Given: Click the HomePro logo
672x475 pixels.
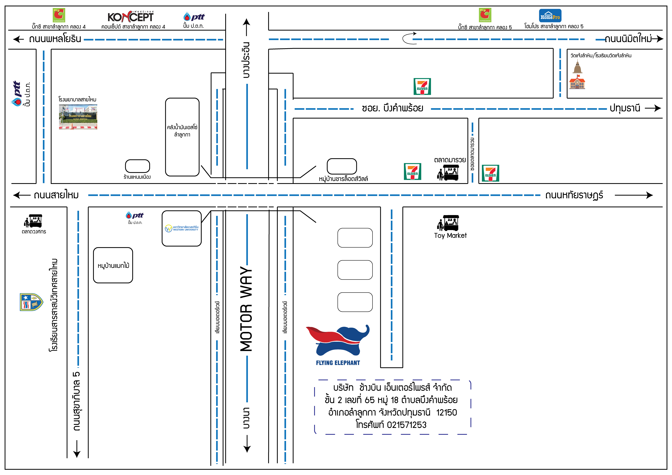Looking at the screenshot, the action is tap(550, 15).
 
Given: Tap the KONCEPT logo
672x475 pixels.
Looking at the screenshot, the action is tap(131, 17).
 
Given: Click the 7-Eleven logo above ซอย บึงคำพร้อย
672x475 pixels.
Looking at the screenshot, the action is tap(422, 86).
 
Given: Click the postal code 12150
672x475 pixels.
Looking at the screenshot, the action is tap(447, 412).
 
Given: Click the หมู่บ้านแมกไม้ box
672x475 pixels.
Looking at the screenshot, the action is tap(113, 265).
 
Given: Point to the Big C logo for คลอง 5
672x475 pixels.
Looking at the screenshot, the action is tap(485, 15).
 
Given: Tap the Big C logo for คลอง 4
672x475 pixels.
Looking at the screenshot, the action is tap(59, 15).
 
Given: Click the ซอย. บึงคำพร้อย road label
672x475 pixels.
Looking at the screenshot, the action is tap(393, 108).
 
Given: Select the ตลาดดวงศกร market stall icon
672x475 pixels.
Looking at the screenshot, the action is tap(33, 221).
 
